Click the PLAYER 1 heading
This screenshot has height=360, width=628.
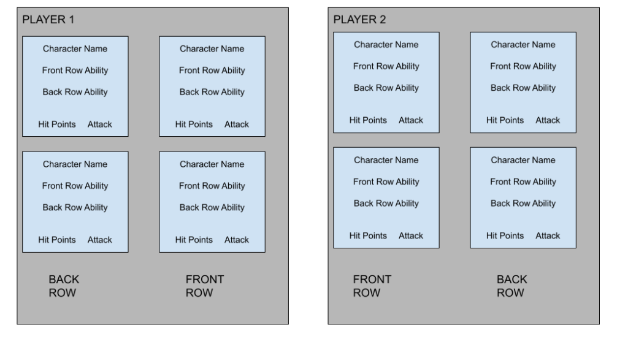point(48,20)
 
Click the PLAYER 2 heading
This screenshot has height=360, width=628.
point(359,20)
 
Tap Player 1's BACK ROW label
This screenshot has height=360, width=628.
point(64,286)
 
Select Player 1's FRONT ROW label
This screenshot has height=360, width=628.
point(205,286)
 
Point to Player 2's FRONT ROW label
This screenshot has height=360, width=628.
point(372,286)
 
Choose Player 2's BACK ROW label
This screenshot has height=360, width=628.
point(512,286)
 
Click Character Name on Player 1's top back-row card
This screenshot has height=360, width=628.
point(75,49)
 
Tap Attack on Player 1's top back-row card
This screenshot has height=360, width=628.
point(100,124)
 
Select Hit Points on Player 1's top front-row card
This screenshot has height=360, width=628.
point(194,124)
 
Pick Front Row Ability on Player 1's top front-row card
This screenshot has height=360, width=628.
point(212,71)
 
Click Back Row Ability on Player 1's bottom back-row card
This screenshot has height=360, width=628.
point(75,207)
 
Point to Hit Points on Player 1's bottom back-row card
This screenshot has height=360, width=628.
point(57,240)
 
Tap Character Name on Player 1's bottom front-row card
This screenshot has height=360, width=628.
point(212,164)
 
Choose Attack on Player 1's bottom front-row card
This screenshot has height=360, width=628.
point(236,240)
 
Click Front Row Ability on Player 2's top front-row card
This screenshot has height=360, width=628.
point(386,66)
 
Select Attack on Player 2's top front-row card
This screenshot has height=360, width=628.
point(410,121)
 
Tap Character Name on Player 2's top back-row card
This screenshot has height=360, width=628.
point(523,45)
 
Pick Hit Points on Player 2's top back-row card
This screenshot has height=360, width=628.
point(505,121)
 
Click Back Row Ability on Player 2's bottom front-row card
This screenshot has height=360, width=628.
point(386,204)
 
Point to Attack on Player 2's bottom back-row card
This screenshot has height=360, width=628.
point(548,236)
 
